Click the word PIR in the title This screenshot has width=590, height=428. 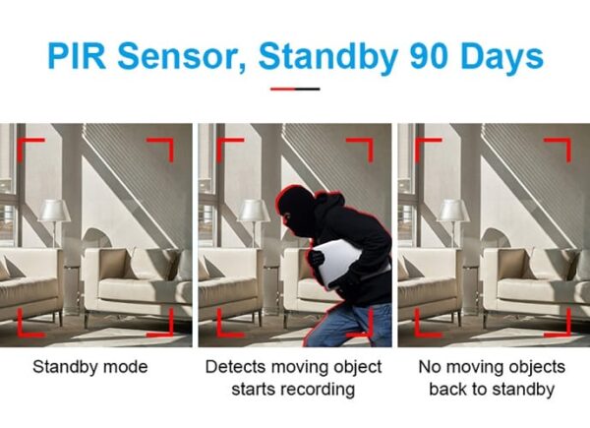click(x=77, y=56)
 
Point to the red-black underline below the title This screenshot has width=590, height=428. click(x=295, y=90)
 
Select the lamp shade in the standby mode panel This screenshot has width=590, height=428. click(x=54, y=211)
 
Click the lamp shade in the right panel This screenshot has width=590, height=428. click(x=453, y=211)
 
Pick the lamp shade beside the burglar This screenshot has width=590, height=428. click(x=254, y=211)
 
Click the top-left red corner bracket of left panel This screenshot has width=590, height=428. click(x=27, y=146)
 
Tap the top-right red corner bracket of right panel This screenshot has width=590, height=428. click(x=561, y=146)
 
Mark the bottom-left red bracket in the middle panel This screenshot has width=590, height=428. click(x=226, y=328)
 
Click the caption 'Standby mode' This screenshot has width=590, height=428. click(x=89, y=367)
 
